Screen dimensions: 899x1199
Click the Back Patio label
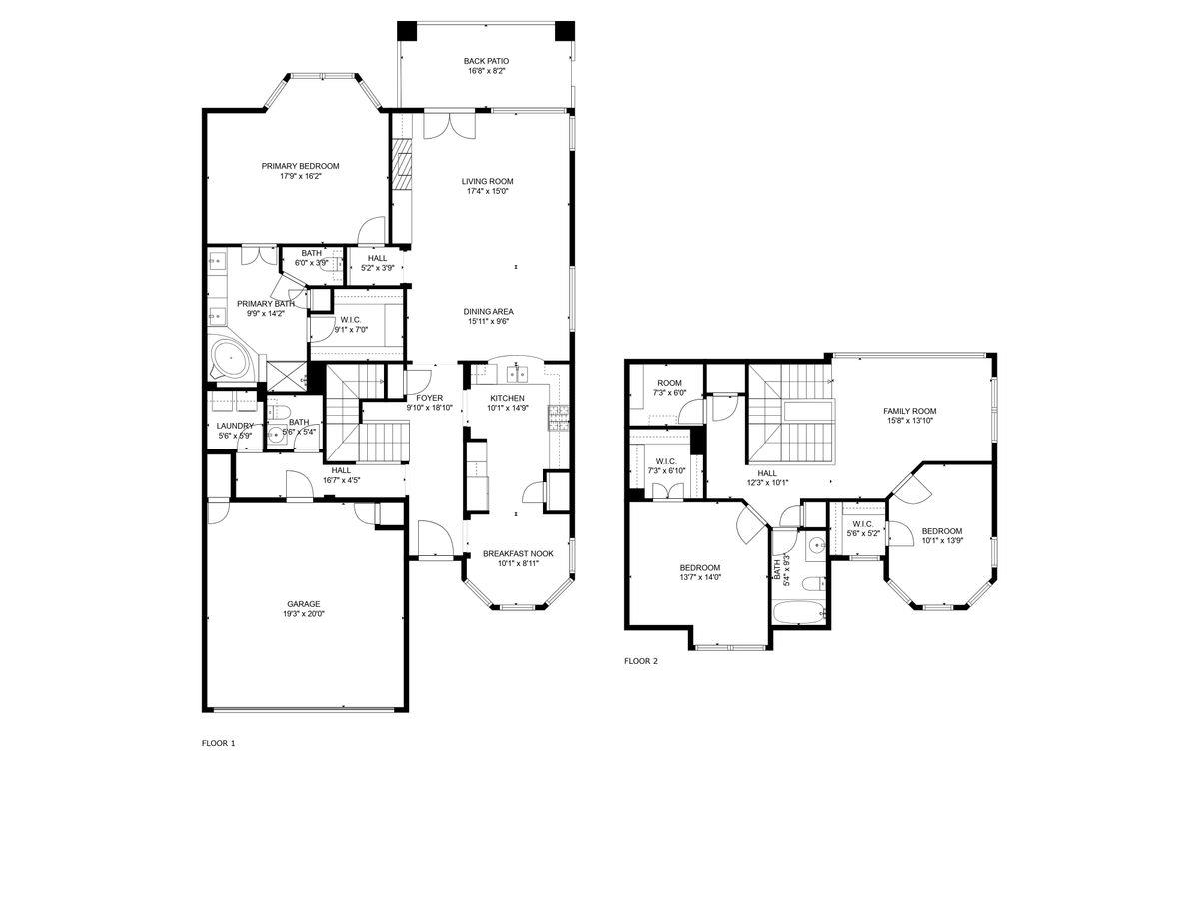pyautogui.click(x=487, y=60)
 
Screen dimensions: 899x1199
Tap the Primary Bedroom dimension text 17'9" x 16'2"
pyautogui.click(x=300, y=176)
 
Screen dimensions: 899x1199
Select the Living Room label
pyautogui.click(x=487, y=181)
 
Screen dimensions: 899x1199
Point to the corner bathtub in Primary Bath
pyautogui.click(x=231, y=359)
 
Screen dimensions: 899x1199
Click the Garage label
pyautogui.click(x=303, y=603)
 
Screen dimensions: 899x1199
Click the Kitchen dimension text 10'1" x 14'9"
pyautogui.click(x=507, y=408)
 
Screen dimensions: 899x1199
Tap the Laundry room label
pyautogui.click(x=235, y=426)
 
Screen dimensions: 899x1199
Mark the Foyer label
pyautogui.click(x=429, y=397)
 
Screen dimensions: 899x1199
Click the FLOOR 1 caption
pyautogui.click(x=218, y=743)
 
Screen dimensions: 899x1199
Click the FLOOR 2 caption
pyautogui.click(x=640, y=660)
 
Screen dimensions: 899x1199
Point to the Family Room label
pyautogui.click(x=909, y=410)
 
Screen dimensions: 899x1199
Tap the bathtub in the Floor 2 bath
pyautogui.click(x=798, y=612)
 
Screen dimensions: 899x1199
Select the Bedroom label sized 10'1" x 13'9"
pyautogui.click(x=941, y=530)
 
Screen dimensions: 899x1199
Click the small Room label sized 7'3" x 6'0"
pyautogui.click(x=669, y=383)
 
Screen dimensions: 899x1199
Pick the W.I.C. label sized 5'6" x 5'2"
pyautogui.click(x=862, y=524)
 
